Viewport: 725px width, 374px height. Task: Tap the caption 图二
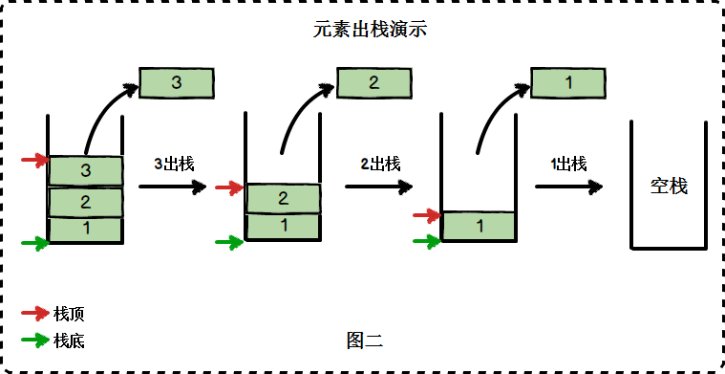click(x=365, y=339)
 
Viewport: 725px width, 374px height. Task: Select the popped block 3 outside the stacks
click(x=176, y=83)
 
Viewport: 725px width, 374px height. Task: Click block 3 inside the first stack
click(x=86, y=171)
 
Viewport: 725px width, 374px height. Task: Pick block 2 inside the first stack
click(x=86, y=203)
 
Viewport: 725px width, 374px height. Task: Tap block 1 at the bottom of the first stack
click(x=86, y=230)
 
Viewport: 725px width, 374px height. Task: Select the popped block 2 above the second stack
click(x=373, y=82)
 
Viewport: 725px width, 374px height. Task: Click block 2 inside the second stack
click(x=283, y=199)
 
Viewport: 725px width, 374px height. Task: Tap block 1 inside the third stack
click(x=479, y=226)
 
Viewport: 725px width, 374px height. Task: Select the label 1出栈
click(x=568, y=164)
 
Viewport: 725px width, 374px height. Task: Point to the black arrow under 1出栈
click(x=570, y=187)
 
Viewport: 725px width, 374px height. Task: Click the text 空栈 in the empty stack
click(x=669, y=187)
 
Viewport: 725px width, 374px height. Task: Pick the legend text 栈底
click(x=70, y=340)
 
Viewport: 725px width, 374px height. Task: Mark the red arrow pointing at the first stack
click(x=33, y=160)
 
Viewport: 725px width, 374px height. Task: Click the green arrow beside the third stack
click(x=426, y=241)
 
